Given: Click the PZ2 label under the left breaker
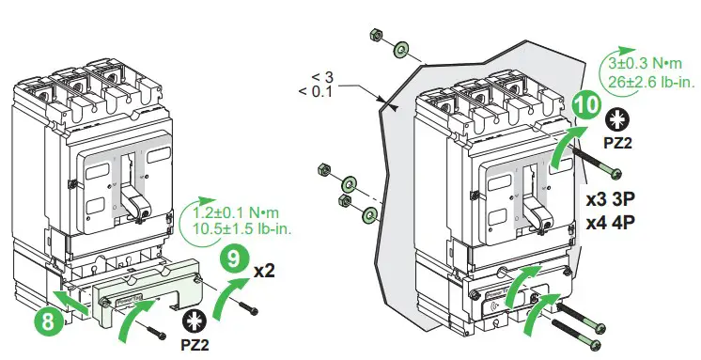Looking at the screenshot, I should coord(195,344).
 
